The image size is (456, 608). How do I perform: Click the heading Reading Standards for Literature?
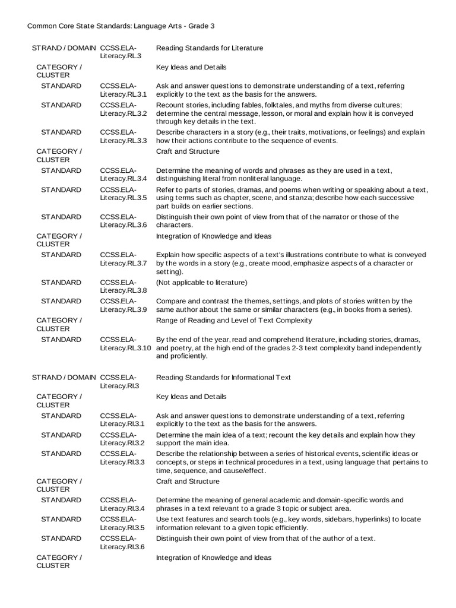(209, 47)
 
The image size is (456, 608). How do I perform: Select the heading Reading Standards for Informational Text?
(223, 377)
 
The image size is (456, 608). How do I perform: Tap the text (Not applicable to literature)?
(201, 282)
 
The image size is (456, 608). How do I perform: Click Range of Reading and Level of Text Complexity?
(233, 321)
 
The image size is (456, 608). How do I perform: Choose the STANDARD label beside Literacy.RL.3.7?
(61, 255)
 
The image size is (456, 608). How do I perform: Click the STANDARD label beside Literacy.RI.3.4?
(61, 500)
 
